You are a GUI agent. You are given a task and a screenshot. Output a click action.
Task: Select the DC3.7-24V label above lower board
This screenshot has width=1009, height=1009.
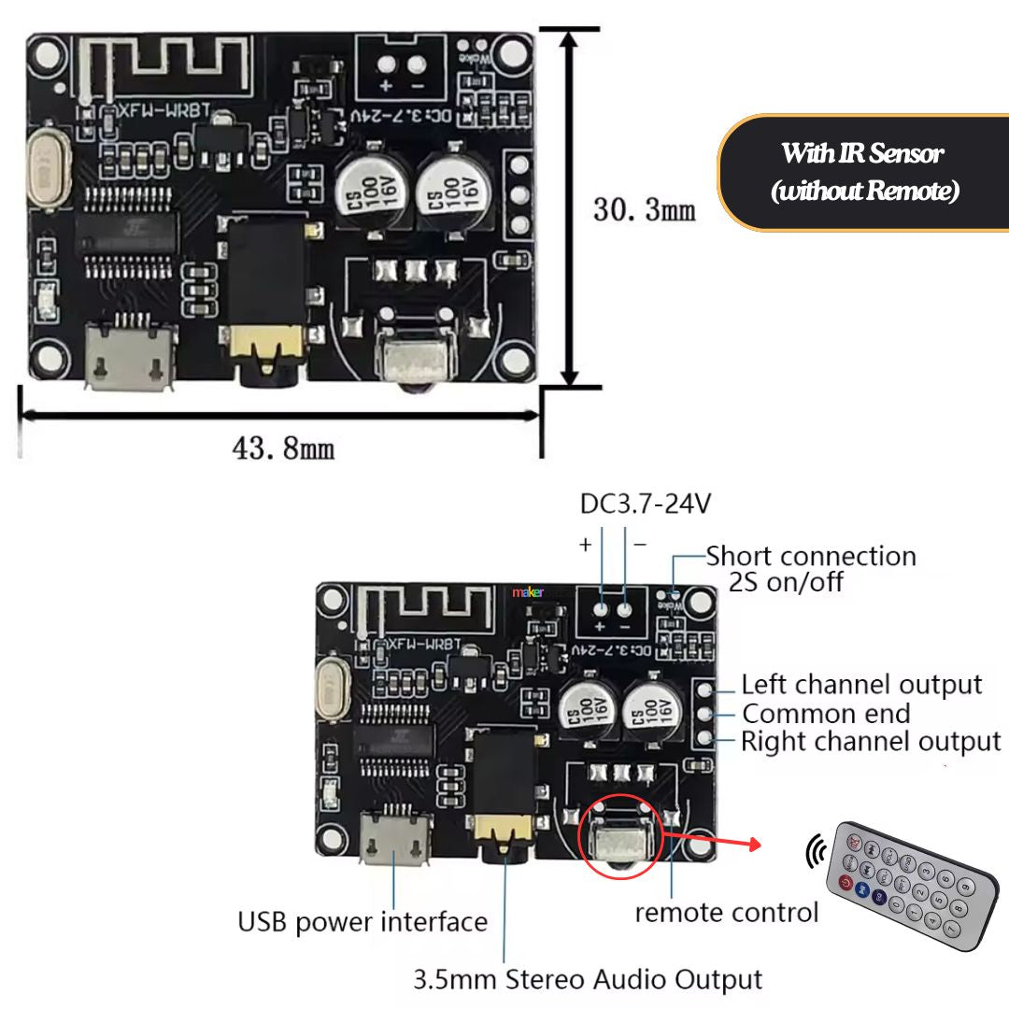point(646,504)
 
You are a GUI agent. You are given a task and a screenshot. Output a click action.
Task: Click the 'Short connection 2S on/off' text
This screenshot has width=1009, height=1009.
point(809,568)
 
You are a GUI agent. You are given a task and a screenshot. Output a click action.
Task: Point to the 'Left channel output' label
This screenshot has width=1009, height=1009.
point(861,685)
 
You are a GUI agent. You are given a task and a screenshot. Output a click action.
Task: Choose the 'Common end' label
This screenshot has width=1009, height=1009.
point(826,714)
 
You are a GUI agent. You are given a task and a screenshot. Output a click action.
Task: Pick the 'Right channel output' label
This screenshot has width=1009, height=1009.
point(871,743)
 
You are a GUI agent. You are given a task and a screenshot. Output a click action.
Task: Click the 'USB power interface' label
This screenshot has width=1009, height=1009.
point(362,922)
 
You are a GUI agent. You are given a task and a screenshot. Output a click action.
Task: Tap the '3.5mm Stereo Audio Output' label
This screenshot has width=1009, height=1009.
point(588,980)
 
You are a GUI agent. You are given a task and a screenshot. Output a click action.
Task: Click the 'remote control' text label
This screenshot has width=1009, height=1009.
point(727,912)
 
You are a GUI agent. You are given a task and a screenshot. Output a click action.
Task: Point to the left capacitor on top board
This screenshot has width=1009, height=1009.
point(370,191)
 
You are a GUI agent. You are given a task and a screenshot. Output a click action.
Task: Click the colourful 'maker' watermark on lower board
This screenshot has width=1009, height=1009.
point(528,591)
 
